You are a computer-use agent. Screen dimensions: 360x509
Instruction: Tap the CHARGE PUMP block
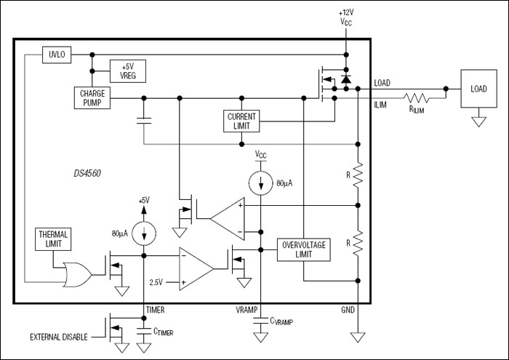(x=92, y=97)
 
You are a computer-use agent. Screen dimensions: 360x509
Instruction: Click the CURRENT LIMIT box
(x=242, y=121)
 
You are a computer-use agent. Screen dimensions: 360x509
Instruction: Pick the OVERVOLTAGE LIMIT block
(x=305, y=250)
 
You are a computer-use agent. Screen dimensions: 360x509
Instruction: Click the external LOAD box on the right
(x=478, y=89)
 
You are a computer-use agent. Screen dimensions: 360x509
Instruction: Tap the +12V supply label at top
(x=346, y=12)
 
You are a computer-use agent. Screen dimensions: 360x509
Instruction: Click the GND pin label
(x=348, y=310)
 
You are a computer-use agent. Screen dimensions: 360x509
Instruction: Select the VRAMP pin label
(x=247, y=310)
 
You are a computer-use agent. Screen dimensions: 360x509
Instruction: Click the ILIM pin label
(x=380, y=104)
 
